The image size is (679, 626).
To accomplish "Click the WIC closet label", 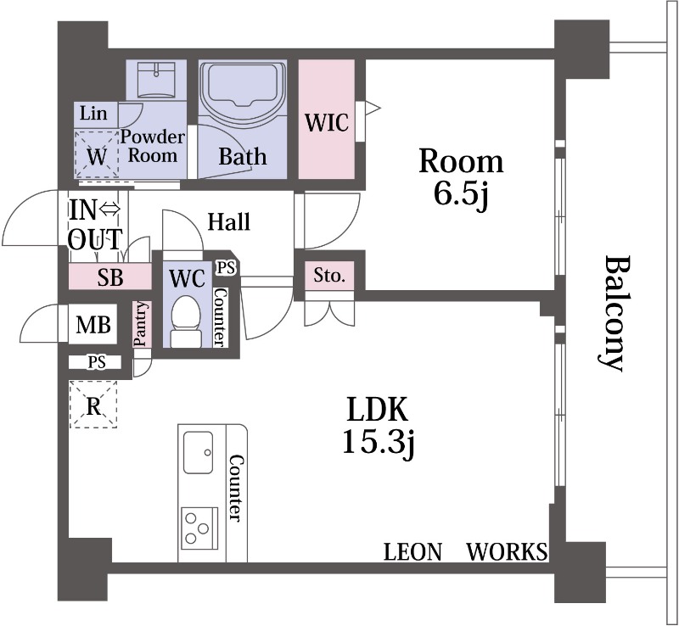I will [327, 122].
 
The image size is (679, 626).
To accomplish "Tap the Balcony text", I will [613, 314].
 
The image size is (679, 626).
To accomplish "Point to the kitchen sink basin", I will [199, 451].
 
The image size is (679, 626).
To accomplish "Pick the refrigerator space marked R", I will [94, 405].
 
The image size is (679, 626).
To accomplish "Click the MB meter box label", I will [93, 324].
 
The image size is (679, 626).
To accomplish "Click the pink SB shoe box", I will [110, 277].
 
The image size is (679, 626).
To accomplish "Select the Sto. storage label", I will [329, 276].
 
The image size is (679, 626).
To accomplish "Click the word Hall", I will [229, 222].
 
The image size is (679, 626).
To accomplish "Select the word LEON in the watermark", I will [413, 553].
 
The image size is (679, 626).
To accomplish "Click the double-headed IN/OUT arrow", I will [111, 206].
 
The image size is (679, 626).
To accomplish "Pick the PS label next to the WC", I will [225, 267].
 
